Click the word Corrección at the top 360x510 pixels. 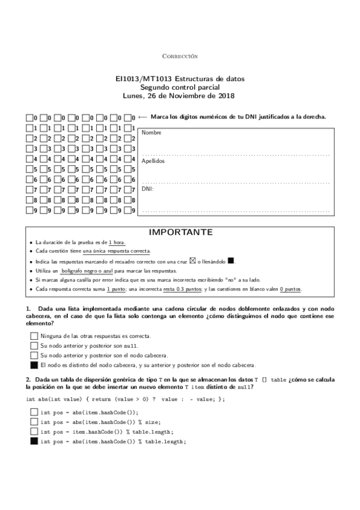[180, 56]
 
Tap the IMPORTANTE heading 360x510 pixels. [180, 232]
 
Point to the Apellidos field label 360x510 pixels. [153, 161]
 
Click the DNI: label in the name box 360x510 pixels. [148, 189]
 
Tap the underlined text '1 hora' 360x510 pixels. [117, 242]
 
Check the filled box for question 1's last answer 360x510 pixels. [34, 365]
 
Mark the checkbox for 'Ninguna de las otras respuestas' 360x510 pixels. [34, 336]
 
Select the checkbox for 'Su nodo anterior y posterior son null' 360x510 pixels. [34, 346]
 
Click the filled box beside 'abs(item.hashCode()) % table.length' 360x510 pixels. [34, 441]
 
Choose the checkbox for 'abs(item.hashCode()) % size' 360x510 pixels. [34, 422]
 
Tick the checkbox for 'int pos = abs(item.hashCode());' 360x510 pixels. [34, 412]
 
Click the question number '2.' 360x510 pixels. [28, 379]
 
